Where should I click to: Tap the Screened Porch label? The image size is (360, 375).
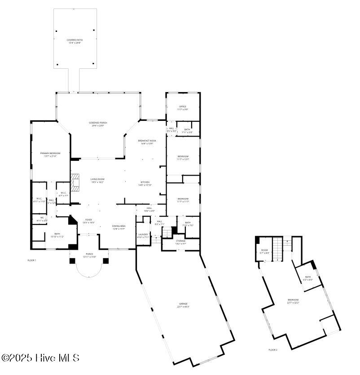click(97, 124)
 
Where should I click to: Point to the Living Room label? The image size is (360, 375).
click(97, 181)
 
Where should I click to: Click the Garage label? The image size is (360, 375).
click(183, 305)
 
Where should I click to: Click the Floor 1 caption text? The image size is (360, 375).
click(31, 260)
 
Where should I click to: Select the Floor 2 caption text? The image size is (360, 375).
click(273, 349)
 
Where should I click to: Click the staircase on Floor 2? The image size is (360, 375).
click(279, 249)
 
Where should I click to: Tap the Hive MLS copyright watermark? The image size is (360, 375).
click(40, 358)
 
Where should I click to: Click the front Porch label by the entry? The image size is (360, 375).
click(89, 256)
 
